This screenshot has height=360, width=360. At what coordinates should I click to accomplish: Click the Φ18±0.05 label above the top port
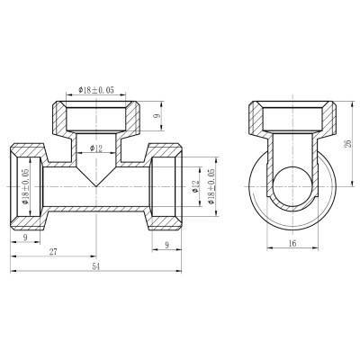(101, 90)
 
